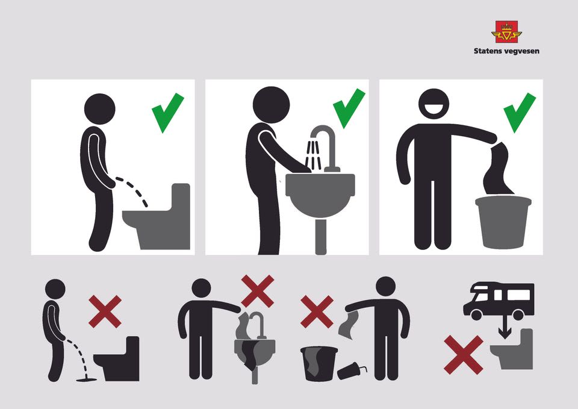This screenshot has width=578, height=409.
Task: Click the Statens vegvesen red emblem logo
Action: coord(506,32)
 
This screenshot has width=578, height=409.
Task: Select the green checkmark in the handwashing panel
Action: coord(349,108)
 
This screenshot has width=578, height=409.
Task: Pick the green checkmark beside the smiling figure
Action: coord(519,112)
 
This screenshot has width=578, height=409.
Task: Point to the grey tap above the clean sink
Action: coord(326,148)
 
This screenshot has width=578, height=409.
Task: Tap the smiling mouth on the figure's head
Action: coord(434,108)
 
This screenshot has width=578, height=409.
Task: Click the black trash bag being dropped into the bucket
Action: coord(499,169)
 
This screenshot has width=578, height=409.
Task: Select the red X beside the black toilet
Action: coord(105,311)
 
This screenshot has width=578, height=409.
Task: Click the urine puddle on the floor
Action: coord(86,379)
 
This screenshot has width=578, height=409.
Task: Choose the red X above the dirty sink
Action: coord(257,291)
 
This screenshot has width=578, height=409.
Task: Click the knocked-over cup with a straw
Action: coord(352,370)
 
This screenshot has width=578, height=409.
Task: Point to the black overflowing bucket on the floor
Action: coord(319,364)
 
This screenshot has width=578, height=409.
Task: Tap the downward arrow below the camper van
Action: coord(505,329)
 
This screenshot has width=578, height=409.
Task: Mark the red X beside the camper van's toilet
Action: coord(464,355)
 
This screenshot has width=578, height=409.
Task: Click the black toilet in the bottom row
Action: coord(117,358)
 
